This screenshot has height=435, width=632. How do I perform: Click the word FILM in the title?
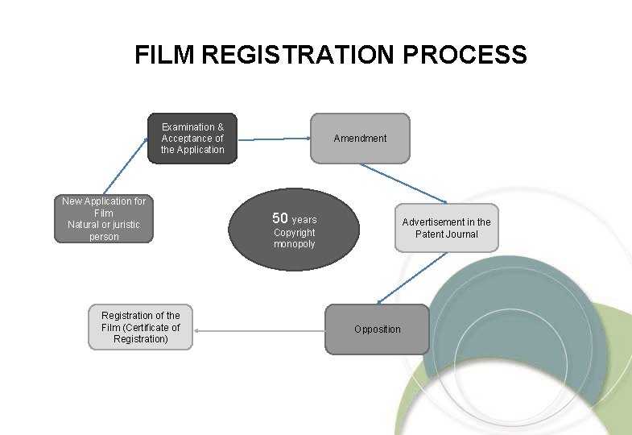pyautogui.click(x=166, y=55)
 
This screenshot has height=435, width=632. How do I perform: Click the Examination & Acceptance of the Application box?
pyautogui.click(x=192, y=139)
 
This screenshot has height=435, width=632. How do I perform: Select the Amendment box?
pyautogui.click(x=360, y=139)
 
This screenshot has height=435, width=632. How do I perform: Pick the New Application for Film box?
pyautogui.click(x=104, y=219)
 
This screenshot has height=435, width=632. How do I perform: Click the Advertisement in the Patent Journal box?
pyautogui.click(x=446, y=228)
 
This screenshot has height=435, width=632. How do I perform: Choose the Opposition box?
pyautogui.click(x=377, y=329)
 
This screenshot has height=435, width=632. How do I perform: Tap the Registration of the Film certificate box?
pyautogui.click(x=141, y=327)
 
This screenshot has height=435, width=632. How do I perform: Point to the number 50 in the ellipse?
pyautogui.click(x=280, y=218)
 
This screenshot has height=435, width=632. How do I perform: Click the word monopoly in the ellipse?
pyautogui.click(x=294, y=244)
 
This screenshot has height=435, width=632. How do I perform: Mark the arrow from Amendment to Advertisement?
pyautogui.click(x=403, y=183)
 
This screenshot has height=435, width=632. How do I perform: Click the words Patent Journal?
pyautogui.click(x=446, y=234)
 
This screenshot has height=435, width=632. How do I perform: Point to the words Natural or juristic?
pyautogui.click(x=104, y=225)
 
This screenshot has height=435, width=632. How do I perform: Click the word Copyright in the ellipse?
pyautogui.click(x=294, y=233)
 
